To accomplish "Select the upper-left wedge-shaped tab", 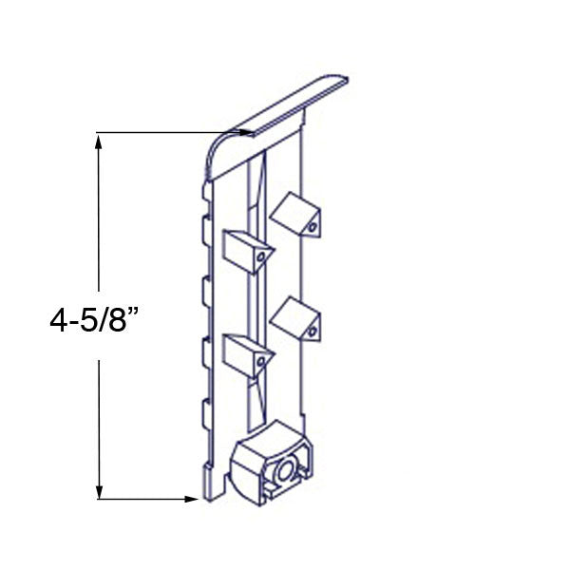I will pos(245,249).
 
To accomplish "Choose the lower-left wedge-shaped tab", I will pos(245,353).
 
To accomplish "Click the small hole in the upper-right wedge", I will pos(310,227).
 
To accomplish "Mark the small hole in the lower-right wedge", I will pos(310,332).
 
